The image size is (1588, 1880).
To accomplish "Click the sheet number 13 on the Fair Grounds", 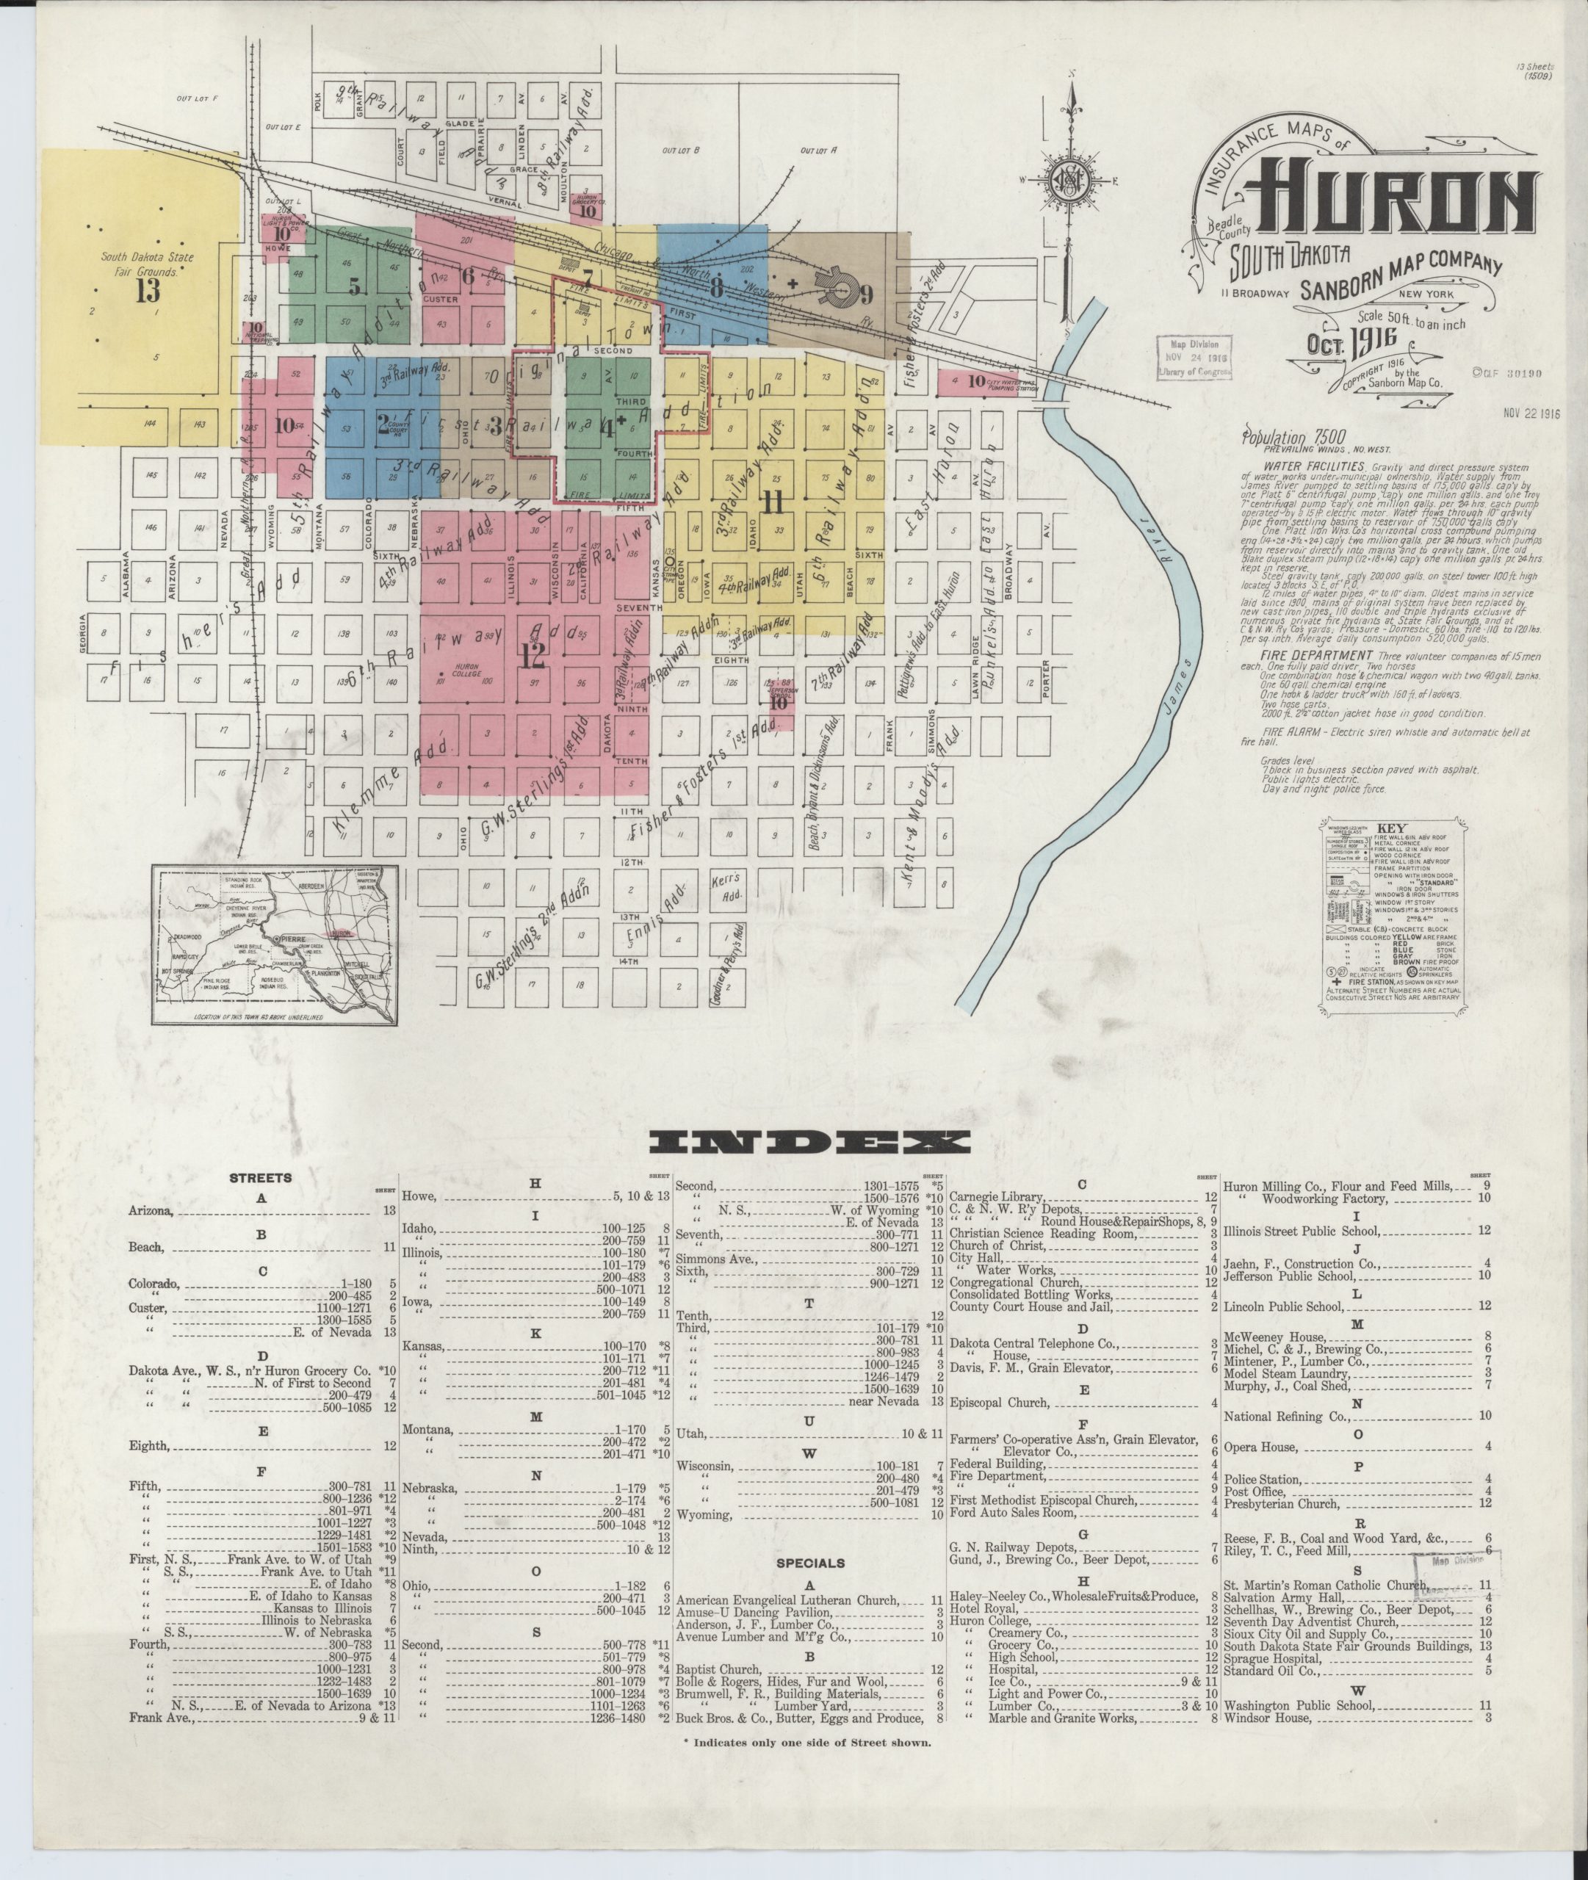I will pos(147,290).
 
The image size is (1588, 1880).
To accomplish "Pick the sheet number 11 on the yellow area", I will pos(773,502).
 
